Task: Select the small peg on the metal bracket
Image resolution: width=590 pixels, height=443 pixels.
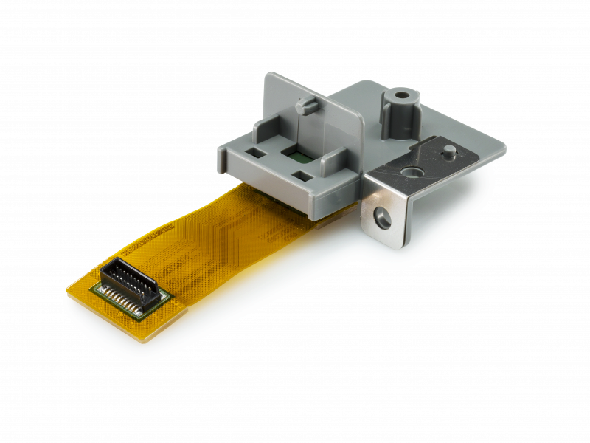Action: click(x=448, y=151)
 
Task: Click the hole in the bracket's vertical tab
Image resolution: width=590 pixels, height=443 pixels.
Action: click(x=381, y=217)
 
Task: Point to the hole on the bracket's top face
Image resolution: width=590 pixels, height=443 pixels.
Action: click(x=411, y=171)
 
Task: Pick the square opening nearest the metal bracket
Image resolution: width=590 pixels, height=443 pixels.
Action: click(x=303, y=176)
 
